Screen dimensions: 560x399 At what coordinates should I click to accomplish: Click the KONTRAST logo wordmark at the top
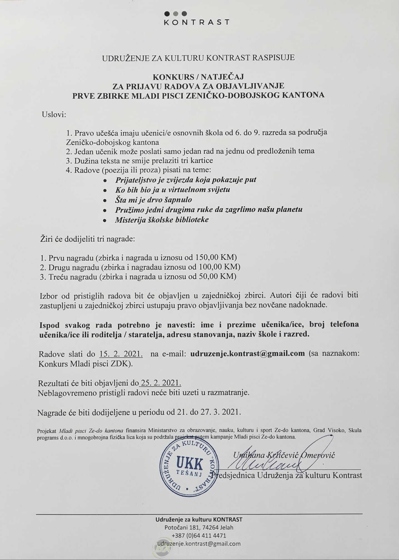point(197,22)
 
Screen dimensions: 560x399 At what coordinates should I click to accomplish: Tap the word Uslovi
point(54,115)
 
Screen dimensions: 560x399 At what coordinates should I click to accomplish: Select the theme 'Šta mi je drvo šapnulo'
point(153,200)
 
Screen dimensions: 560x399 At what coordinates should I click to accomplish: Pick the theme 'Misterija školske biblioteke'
point(162,220)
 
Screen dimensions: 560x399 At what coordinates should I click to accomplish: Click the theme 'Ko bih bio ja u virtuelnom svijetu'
point(173,190)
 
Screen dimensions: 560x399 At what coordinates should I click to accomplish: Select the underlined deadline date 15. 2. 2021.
point(121,354)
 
